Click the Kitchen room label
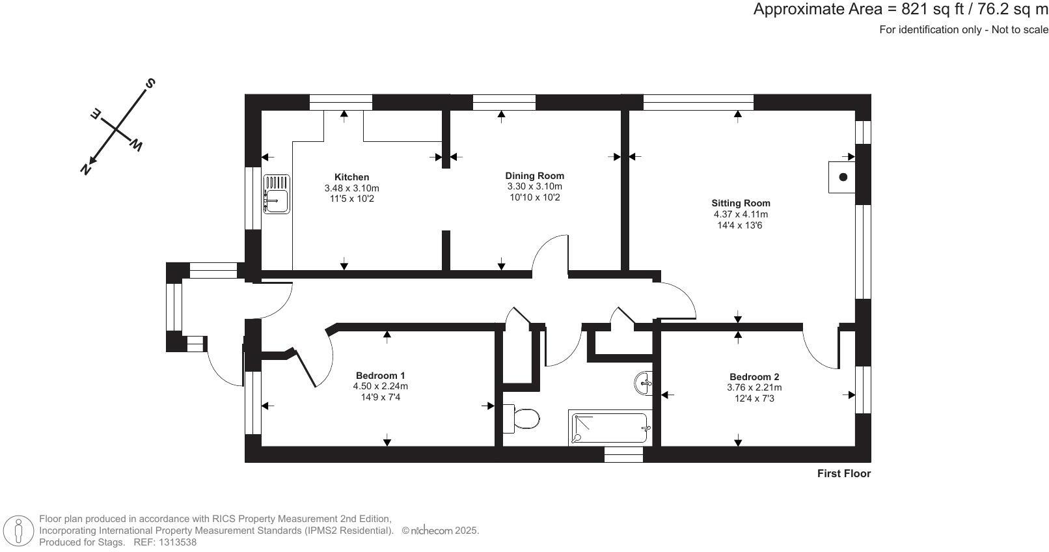[x=351, y=177]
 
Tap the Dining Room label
[x=534, y=176]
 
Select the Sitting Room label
[x=741, y=203]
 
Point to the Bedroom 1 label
[x=380, y=376]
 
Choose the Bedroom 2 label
[x=754, y=377]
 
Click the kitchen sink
[x=277, y=194]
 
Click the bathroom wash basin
[x=644, y=383]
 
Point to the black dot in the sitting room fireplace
[x=843, y=177]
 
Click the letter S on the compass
[x=150, y=83]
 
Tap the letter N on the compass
[x=86, y=169]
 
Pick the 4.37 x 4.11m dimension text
[x=741, y=214]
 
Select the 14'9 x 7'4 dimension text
[x=380, y=397]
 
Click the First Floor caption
[x=844, y=473]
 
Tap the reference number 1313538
[x=178, y=542]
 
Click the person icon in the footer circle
[x=19, y=531]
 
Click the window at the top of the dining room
[x=504, y=102]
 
